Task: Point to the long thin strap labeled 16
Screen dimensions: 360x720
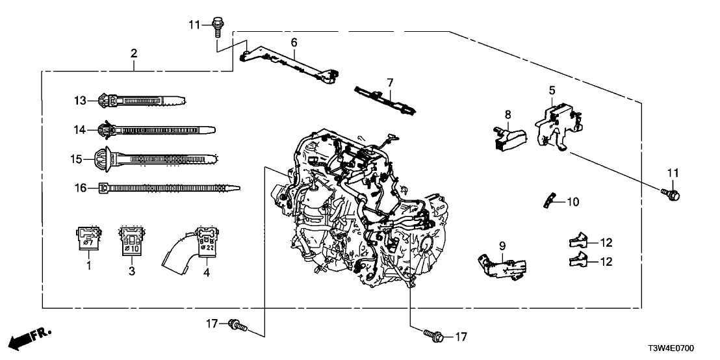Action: pos(169,188)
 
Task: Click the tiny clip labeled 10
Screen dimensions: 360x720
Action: pos(548,201)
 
